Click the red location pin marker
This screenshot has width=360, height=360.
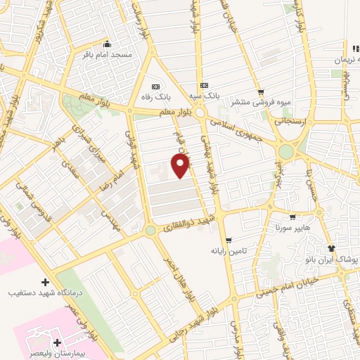pyautogui.click(x=181, y=165)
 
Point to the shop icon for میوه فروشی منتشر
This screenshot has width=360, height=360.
pyautogui.click(x=261, y=91)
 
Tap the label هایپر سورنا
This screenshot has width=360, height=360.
pyautogui.click(x=288, y=228)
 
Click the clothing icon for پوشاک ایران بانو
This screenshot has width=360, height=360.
pyautogui.click(x=332, y=248)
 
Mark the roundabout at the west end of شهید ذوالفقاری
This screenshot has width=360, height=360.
pyautogui.click(x=150, y=230)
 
